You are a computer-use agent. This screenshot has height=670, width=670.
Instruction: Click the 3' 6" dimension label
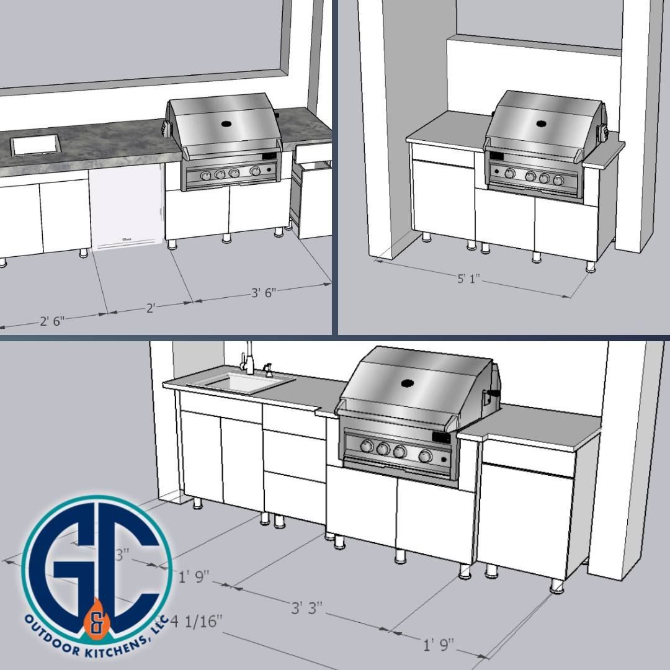pyautogui.click(x=264, y=293)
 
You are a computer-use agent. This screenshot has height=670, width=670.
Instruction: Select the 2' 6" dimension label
pyautogui.click(x=52, y=321)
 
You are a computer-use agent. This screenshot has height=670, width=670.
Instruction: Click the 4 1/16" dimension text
pyautogui.click(x=197, y=620)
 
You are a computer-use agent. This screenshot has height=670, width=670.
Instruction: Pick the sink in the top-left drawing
pyautogui.click(x=35, y=145)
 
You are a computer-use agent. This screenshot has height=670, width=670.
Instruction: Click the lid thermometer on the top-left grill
pyautogui.click(x=226, y=123)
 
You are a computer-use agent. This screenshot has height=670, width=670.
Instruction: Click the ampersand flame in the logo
pyautogui.click(x=96, y=621)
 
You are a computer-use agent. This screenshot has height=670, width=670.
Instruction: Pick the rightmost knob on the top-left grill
pyautogui.click(x=255, y=171)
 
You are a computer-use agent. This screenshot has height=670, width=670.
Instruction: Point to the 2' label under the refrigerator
pyautogui.click(x=151, y=308)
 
